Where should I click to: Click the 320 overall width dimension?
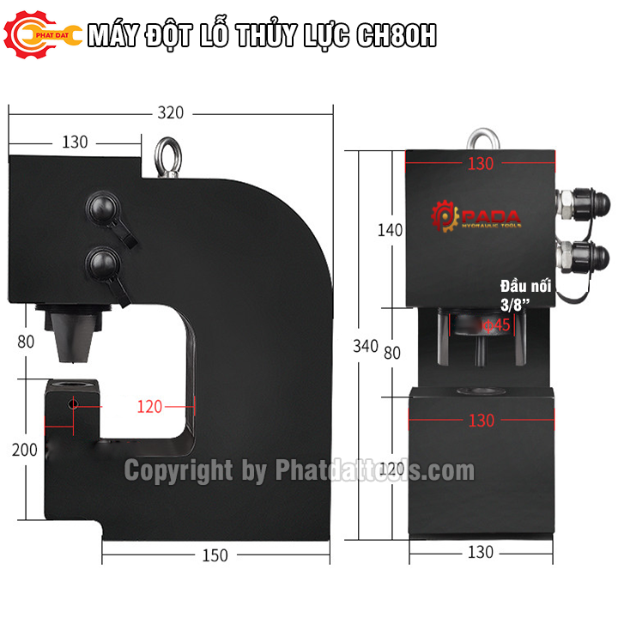171,112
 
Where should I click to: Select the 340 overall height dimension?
365,346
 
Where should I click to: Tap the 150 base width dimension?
215,555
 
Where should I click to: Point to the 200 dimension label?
26,450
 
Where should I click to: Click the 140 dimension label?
389,229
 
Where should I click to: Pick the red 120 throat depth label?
149,407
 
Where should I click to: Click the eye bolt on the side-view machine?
164,160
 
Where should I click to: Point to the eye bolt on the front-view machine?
483,138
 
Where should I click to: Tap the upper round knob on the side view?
103,208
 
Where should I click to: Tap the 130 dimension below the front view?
482,553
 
